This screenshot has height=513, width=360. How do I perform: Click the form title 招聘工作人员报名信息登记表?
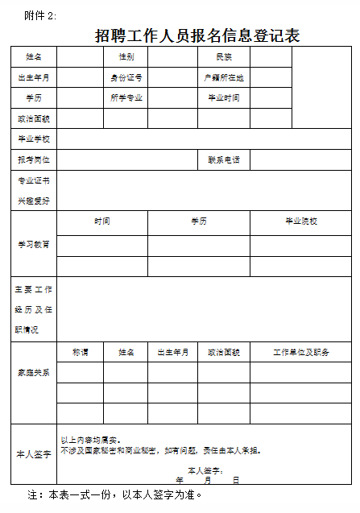tap(197, 35)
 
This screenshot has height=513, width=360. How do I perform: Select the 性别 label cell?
tap(126, 57)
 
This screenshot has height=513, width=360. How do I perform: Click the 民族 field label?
tap(224, 57)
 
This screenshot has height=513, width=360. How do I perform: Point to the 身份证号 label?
tap(126, 77)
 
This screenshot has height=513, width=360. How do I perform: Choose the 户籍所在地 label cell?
tap(224, 77)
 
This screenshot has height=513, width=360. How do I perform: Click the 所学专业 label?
tap(126, 97)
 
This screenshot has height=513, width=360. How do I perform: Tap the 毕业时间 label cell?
tap(224, 97)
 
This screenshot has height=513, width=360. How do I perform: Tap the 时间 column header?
tap(102, 221)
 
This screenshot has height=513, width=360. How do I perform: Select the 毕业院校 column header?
tap(300, 221)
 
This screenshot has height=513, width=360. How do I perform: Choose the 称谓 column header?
tap(80, 352)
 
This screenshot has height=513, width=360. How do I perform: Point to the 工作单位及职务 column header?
tap(300, 352)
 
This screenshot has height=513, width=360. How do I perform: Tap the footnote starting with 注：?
tap(115, 494)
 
